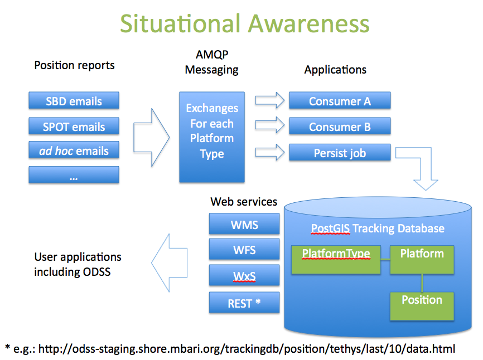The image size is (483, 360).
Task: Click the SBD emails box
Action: pyautogui.click(x=74, y=101)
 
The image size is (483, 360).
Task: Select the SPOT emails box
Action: pyautogui.click(x=74, y=126)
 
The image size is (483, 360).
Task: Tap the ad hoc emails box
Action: pyautogui.click(x=74, y=150)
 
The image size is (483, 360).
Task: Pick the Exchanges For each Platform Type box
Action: pyautogui.click(x=211, y=137)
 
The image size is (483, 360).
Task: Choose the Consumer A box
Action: pyautogui.click(x=339, y=101)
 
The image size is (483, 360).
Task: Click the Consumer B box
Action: pyautogui.click(x=339, y=127)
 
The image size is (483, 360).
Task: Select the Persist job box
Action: pyautogui.click(x=339, y=153)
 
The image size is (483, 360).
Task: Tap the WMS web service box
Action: pyautogui.click(x=244, y=225)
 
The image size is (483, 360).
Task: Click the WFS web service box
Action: pyautogui.click(x=244, y=250)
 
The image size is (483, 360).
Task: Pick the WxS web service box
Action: pyautogui.click(x=244, y=276)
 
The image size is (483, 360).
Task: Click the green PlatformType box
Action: pyautogui.click(x=336, y=259)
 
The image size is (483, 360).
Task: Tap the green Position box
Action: pyautogui.click(x=422, y=305)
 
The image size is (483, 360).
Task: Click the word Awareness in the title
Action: pyautogui.click(x=308, y=23)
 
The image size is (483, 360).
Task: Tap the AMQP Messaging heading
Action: pyautogui.click(x=211, y=62)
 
